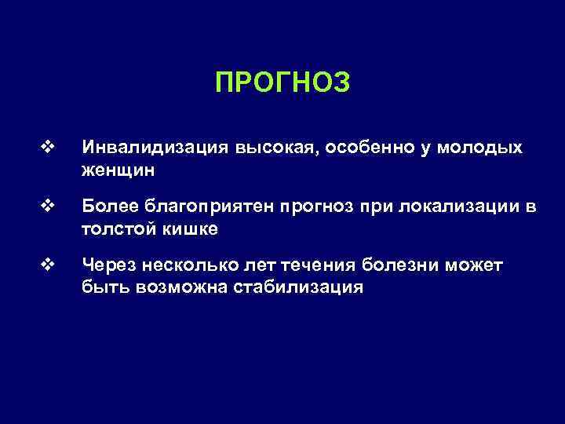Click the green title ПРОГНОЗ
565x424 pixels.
coord(282,82)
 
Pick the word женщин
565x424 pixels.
coord(117,169)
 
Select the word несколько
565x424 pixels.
coord(178,266)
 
